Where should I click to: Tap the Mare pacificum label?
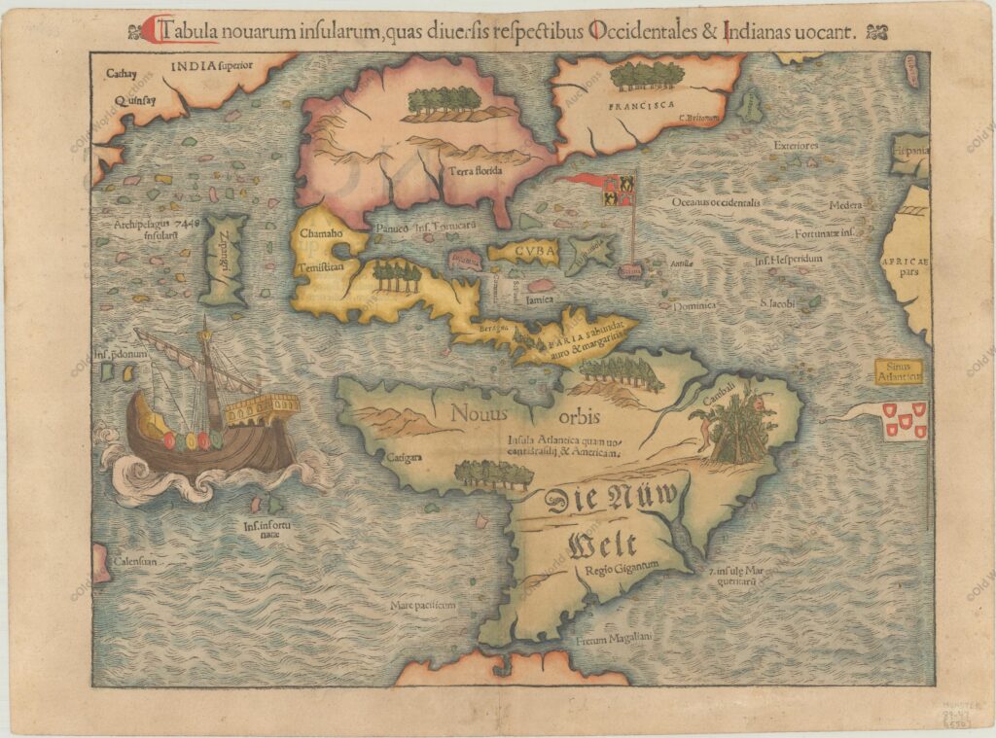coord(423,605)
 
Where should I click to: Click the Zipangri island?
coord(224,260)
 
